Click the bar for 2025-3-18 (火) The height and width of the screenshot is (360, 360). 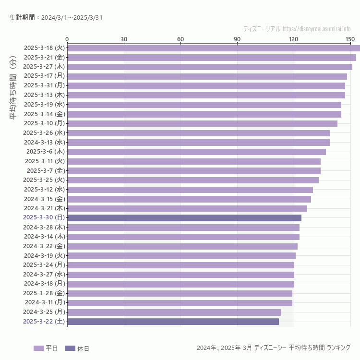coord(214,48)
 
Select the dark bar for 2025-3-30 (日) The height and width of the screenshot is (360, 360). coord(184,217)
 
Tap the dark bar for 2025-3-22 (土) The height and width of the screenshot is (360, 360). coord(173,322)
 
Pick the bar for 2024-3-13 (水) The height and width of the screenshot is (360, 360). coord(198,142)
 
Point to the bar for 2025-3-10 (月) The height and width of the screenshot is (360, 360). coord(202,123)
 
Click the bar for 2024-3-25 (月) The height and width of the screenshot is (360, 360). coord(174,312)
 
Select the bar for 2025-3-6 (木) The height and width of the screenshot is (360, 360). coord(196,152)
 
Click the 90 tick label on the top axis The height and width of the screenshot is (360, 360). coord(237,39)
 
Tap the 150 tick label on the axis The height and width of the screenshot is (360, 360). coord(350,39)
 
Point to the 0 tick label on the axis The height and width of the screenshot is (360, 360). coord(67,39)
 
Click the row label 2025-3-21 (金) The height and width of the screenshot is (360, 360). coord(44,57)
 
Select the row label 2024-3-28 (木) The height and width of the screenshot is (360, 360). coord(44,227)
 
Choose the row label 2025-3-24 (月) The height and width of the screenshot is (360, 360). coord(44,264)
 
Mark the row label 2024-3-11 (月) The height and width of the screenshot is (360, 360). coord(45,302)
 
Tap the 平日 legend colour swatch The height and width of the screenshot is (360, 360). coord(38,348)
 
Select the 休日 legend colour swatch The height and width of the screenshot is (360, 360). coord(70,348)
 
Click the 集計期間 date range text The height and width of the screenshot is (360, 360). coord(56,18)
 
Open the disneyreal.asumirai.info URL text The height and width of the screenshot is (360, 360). coord(316,29)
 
